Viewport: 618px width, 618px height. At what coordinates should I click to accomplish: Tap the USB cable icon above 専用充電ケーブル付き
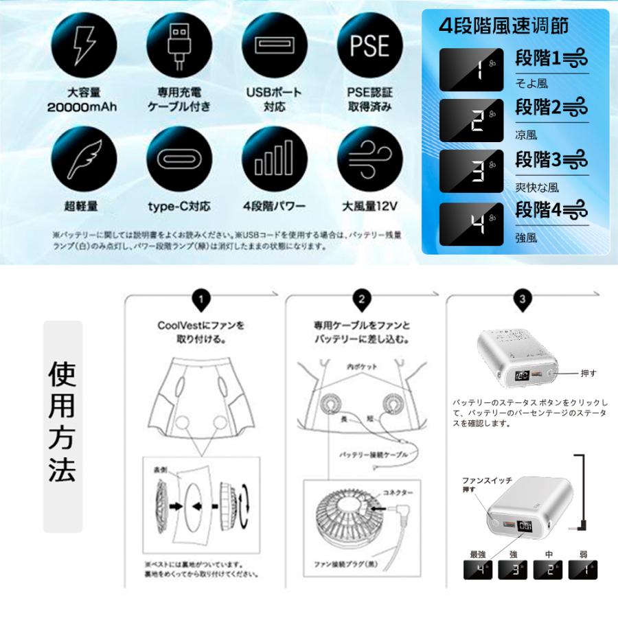[179, 45]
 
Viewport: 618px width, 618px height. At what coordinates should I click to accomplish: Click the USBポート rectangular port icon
[274, 45]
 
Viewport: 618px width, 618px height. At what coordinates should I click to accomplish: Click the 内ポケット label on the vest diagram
[363, 367]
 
